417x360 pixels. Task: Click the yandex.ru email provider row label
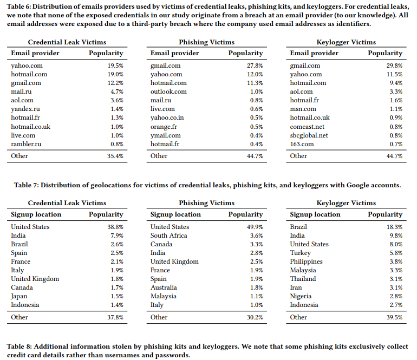coord(25,109)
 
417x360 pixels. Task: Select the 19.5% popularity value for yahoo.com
coord(115,66)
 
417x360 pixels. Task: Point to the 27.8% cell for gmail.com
coord(255,66)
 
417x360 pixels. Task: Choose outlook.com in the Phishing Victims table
coord(168,92)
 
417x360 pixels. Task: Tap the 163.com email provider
coord(302,144)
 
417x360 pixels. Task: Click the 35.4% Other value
coord(115,156)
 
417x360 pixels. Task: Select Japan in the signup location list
coord(19,296)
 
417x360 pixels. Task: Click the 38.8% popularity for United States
coord(115,227)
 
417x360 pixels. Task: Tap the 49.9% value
coord(255,227)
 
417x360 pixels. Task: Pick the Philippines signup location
coord(306,261)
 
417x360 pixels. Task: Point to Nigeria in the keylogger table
coord(301,296)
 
